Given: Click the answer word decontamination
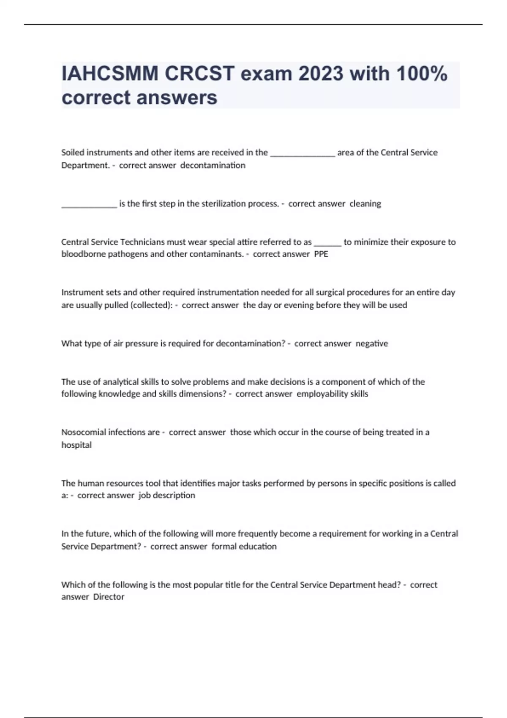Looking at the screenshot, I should [213, 165].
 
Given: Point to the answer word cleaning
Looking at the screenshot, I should [365, 204].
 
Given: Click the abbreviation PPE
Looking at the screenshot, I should [321, 254].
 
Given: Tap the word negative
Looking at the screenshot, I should [372, 343].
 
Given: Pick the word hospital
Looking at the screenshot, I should [76, 445].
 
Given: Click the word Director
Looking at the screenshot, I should [109, 597].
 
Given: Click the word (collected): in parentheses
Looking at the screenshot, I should [152, 305].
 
